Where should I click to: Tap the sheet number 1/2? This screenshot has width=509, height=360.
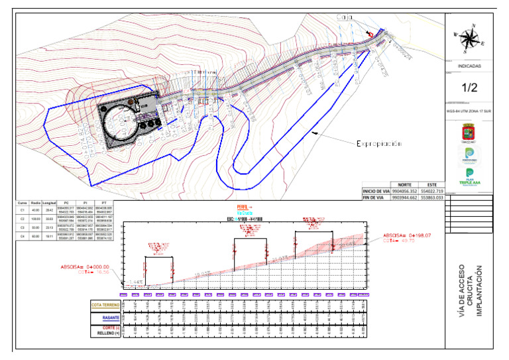(x=470, y=87)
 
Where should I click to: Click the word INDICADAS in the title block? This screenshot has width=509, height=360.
(x=470, y=66)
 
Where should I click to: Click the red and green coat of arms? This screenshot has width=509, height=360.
(x=470, y=133)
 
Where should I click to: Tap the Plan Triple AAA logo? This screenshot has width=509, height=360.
(x=470, y=176)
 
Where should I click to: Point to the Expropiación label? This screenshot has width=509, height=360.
(x=380, y=143)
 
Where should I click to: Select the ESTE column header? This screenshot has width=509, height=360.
(x=431, y=184)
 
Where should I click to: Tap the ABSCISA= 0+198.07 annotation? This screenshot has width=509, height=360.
(x=407, y=235)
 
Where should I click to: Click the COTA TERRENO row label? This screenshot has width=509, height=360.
(x=105, y=306)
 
